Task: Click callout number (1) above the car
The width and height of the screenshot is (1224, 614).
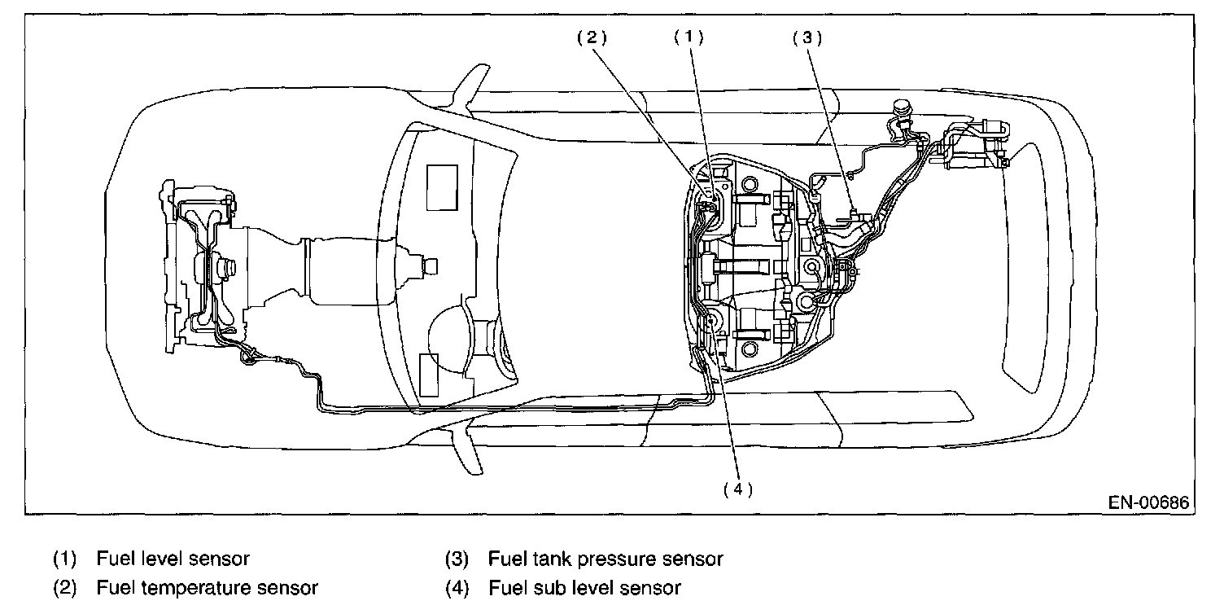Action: (688, 37)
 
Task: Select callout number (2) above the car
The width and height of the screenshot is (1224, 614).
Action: (592, 37)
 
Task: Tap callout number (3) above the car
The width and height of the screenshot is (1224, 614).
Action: (807, 37)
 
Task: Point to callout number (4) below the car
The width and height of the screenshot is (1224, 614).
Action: (738, 489)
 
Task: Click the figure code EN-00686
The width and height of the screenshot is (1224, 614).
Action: (1148, 502)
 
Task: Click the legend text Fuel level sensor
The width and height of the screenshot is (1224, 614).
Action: (173, 559)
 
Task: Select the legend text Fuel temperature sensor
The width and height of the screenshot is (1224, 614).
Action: (207, 588)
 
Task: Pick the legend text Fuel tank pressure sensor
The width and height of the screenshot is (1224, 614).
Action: (605, 559)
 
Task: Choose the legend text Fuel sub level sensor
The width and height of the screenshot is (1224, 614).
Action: (584, 588)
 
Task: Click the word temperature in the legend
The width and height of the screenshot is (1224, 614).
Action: (197, 588)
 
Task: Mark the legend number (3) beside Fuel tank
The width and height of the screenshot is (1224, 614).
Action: (457, 559)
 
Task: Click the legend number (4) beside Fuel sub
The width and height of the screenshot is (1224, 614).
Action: (457, 588)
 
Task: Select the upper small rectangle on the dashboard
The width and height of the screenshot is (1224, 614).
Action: (442, 187)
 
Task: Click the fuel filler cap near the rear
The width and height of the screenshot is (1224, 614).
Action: (903, 108)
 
